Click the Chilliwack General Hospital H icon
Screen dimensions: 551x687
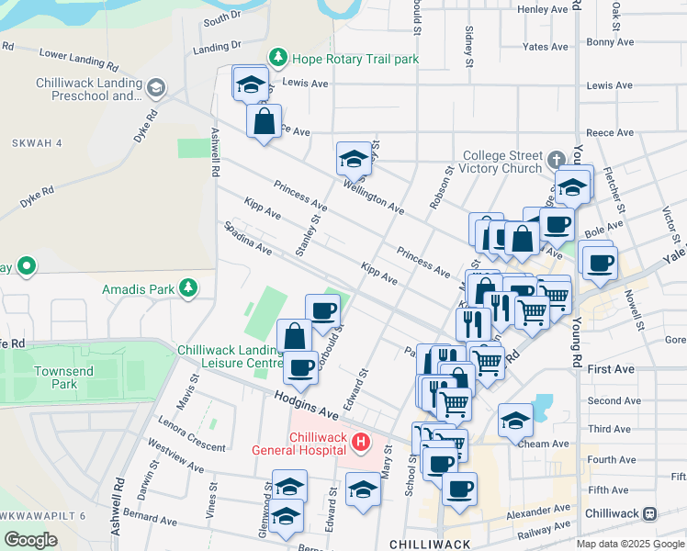click(x=361, y=443)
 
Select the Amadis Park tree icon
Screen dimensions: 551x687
click(x=188, y=288)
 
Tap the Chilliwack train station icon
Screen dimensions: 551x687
click(x=650, y=512)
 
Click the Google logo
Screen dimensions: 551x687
click(x=30, y=539)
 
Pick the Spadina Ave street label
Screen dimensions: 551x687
click(x=248, y=237)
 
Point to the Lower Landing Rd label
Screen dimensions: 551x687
click(x=79, y=61)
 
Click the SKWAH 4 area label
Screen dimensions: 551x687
click(x=37, y=143)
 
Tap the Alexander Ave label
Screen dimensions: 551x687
click(x=538, y=511)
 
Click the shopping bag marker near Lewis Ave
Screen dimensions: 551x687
click(x=264, y=121)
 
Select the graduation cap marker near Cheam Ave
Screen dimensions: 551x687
click(x=515, y=420)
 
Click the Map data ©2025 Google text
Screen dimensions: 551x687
click(x=630, y=543)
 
